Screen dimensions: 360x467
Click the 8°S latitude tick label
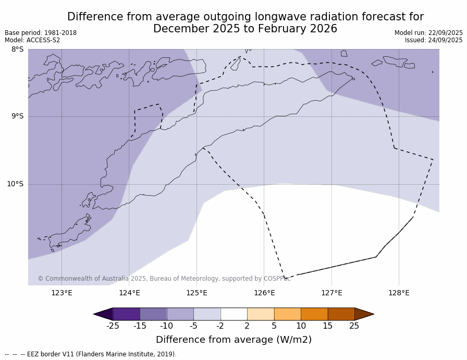pos(18,50)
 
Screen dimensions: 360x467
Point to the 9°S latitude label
pos(18,116)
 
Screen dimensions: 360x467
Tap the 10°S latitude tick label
pos(15,184)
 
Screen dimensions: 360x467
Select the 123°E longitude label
pos(62,293)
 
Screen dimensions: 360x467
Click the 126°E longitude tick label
pos(264,293)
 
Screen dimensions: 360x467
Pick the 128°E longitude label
pos(399,293)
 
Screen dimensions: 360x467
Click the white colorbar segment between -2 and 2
pos(233,314)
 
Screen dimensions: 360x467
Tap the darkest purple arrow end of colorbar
pos(103,314)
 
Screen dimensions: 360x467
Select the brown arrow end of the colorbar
pos(364,314)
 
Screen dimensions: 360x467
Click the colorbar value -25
pos(113,326)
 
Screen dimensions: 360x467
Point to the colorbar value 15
pos(327,326)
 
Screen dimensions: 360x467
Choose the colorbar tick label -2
pos(220,326)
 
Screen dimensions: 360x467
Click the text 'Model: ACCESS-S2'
pos(32,40)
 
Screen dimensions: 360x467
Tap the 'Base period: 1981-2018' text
pos(41,33)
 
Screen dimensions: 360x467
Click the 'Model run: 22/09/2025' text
pos(428,33)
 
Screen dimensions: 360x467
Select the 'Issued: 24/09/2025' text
pos(434,40)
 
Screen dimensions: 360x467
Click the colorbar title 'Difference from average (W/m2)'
pos(233,340)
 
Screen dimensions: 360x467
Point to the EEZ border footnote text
pos(91,354)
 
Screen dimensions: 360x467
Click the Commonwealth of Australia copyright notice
pos(164,279)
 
